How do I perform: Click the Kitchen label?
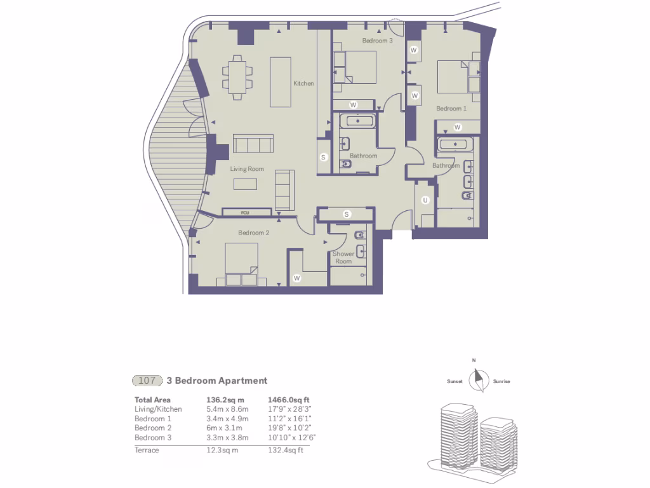[303, 83]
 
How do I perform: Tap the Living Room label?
[247, 169]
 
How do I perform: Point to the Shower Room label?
[343, 257]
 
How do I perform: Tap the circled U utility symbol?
[425, 200]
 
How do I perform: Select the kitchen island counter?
[281, 82]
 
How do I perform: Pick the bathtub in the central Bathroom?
[358, 121]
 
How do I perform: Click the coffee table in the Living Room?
[245, 184]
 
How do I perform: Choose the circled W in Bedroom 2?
[296, 278]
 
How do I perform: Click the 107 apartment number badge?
[147, 381]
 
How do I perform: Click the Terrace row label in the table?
[147, 450]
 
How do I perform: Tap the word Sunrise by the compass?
[501, 382]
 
